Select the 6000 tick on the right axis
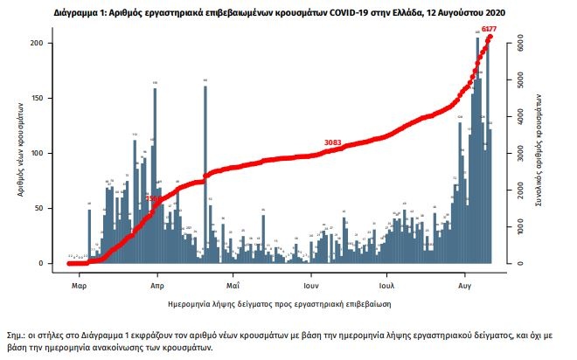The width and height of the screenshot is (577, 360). click(520, 40)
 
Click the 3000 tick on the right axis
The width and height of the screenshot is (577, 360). click(520, 152)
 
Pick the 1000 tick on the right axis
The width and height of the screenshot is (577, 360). click(520, 226)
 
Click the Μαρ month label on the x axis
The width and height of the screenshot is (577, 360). click(79, 284)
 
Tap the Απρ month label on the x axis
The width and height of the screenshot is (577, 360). click(157, 284)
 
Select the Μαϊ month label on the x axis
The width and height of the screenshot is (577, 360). click(233, 284)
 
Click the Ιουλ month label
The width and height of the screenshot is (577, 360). click(387, 284)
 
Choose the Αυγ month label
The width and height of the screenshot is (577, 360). click(465, 284)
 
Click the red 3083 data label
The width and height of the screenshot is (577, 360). click(332, 142)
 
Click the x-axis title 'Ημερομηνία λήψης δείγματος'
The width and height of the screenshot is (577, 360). click(277, 304)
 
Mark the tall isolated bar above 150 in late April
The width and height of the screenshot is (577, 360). click(205, 175)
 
